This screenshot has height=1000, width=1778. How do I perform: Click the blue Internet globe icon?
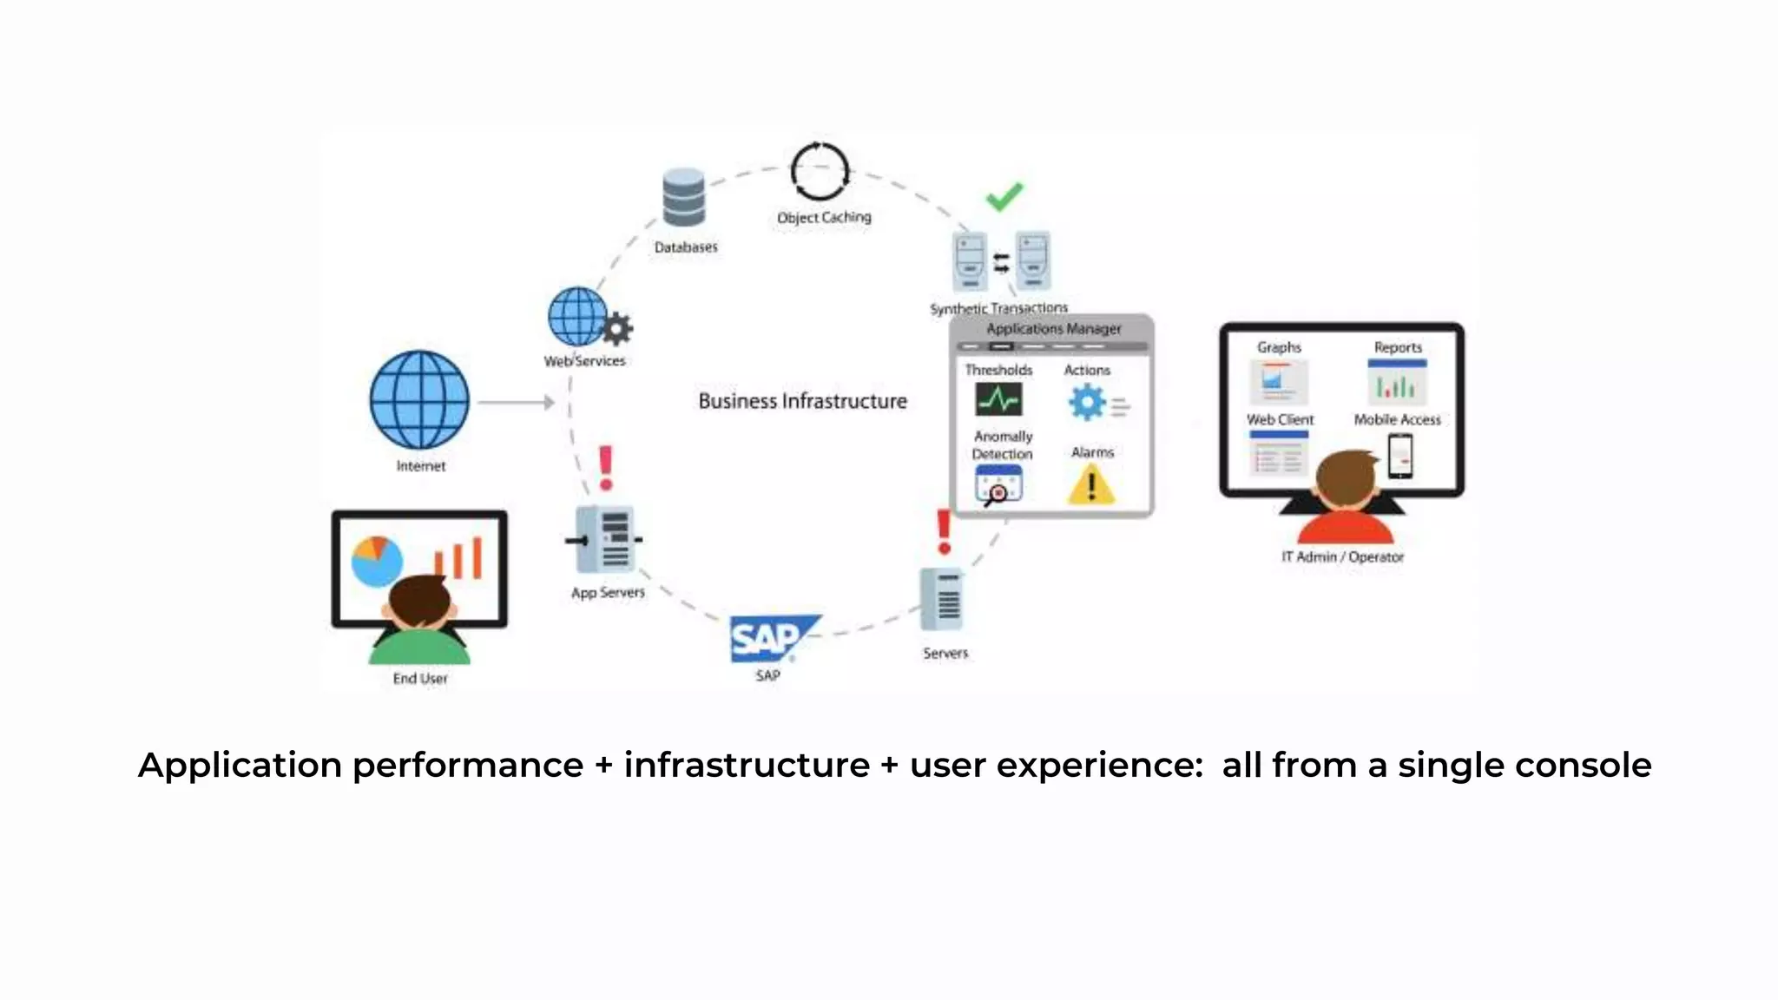coord(419,399)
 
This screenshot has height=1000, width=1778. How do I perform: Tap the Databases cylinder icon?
coord(684,198)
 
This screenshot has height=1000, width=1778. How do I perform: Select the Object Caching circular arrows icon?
coord(820,171)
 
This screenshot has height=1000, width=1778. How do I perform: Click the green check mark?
coord(1004,196)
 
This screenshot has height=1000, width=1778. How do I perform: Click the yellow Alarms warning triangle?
coord(1091,484)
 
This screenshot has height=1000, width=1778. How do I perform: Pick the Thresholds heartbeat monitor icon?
coord(998,399)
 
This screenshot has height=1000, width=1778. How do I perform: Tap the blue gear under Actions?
coord(1087,403)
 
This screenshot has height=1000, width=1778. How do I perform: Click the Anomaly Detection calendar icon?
coord(998,484)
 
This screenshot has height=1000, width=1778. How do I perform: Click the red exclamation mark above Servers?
coord(944,531)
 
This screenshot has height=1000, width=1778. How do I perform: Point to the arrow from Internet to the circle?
coord(516,402)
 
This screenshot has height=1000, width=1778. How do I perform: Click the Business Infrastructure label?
coord(802,401)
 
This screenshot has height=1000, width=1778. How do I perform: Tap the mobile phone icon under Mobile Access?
coord(1399,455)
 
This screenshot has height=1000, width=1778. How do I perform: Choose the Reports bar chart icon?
coord(1397,382)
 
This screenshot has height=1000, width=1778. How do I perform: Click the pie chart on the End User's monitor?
coord(377,561)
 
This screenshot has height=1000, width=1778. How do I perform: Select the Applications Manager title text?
coord(1053,329)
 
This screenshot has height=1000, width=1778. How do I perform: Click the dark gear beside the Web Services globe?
coord(617,329)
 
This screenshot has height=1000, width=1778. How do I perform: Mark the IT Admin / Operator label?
coord(1342,557)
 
